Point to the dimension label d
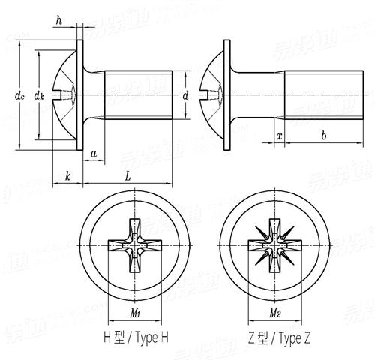(x=185, y=95)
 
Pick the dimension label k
(x=67, y=176)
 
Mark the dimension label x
(x=279, y=136)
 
